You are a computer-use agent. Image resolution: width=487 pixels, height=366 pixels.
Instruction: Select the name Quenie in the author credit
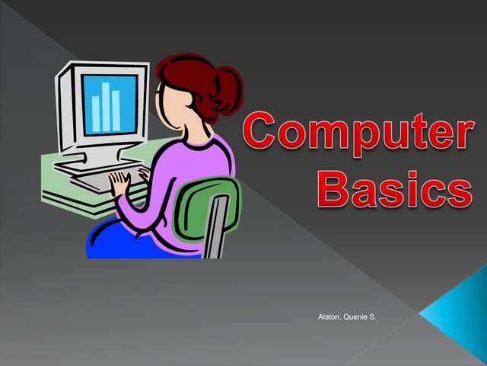(358, 313)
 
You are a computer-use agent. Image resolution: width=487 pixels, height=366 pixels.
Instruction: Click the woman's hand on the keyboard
(119, 184)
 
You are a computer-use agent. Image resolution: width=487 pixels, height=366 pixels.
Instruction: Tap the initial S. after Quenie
(373, 313)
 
